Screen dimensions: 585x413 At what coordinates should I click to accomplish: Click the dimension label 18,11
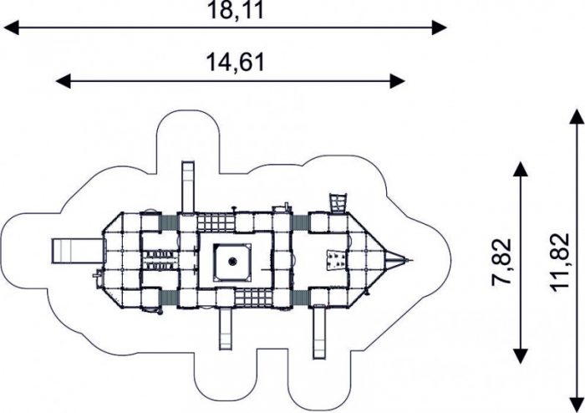pos(236,10)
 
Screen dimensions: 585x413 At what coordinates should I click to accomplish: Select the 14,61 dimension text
pos(236,62)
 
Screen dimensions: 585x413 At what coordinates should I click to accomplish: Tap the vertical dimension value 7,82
pos(501,262)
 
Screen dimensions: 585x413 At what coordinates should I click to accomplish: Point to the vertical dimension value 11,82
pos(560,262)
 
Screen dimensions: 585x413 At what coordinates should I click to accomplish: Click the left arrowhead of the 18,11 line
pos(11,28)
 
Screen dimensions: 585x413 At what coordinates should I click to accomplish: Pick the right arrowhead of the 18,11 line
pos(439,28)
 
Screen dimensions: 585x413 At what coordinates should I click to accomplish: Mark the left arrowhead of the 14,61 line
pos(63,81)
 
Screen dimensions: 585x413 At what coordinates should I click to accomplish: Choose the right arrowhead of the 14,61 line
pos(397,81)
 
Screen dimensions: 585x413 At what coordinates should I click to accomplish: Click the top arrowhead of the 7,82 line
pos(521,169)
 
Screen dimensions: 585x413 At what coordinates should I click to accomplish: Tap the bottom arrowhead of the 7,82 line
pos(521,356)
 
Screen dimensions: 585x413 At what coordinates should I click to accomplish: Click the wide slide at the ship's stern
pos(77,251)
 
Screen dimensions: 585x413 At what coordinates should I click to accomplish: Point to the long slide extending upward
pos(188,186)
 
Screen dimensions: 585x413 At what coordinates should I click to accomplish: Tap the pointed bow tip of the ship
pos(412,260)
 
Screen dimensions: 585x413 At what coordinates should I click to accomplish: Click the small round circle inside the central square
pos(232,261)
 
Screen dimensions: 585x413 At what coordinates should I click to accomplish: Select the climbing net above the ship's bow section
pos(338,203)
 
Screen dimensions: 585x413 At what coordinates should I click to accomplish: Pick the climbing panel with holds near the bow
pos(335,260)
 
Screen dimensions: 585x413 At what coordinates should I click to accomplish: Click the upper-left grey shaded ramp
pos(169,223)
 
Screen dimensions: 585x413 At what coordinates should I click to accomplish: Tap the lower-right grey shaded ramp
pos(299,298)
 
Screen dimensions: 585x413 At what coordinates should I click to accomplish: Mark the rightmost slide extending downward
pos(319,332)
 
